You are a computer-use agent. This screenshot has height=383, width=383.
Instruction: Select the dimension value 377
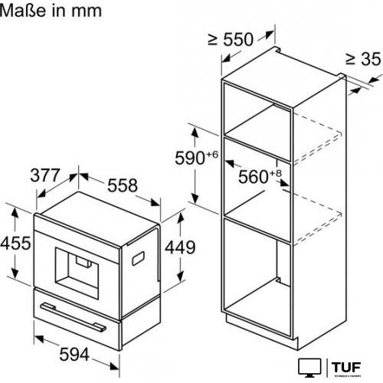pyautogui.click(x=45, y=175)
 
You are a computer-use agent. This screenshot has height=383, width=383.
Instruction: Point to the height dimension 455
pyautogui.click(x=15, y=244)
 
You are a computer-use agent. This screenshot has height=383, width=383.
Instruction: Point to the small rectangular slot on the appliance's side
pyautogui.click(x=139, y=260)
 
